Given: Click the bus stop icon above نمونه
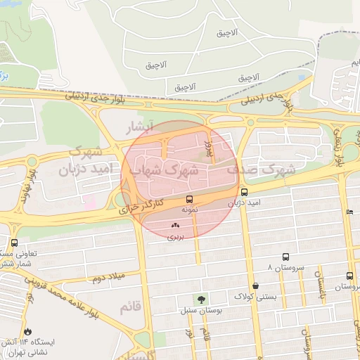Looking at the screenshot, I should (188, 199).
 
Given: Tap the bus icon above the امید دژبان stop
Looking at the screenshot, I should (244, 192).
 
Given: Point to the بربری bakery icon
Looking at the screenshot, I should (175, 226).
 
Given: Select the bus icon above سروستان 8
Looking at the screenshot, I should (285, 257).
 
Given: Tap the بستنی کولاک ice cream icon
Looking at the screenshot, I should (255, 285).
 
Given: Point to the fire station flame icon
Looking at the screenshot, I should (27, 331).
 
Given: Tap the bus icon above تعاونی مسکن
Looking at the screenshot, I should (14, 243).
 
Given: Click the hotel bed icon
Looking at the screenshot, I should (349, 212).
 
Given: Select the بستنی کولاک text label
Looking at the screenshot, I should (255, 296).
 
